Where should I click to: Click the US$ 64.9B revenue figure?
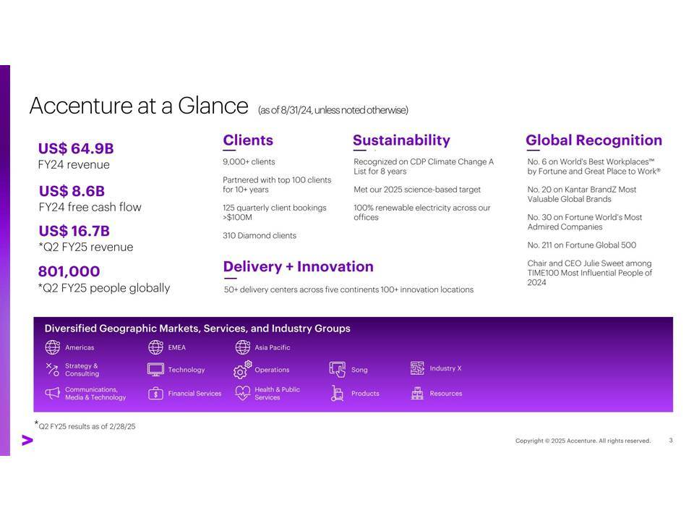pos(76,148)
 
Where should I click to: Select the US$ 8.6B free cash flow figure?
pos(72,191)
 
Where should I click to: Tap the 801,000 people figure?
pos(69,271)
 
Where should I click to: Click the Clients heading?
pos(248,140)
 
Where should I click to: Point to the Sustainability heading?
pos(401,140)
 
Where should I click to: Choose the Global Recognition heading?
pos(594,140)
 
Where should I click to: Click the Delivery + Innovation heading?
pos(299,267)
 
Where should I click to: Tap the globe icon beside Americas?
pos(52,347)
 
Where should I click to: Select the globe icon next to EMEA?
pos(155,347)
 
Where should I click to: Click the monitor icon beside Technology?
pos(155,370)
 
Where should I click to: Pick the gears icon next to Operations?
pos(242,370)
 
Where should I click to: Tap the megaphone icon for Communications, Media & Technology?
pos(52,393)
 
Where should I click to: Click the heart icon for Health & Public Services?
pos(243,393)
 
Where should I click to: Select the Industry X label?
pos(445,368)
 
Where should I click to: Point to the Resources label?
pos(446,394)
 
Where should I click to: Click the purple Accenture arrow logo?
pos(27,441)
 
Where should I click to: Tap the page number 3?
pos(671,441)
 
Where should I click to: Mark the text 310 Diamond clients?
pos(260,236)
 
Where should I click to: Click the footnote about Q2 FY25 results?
pos(85,425)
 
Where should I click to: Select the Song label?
pos(359,370)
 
